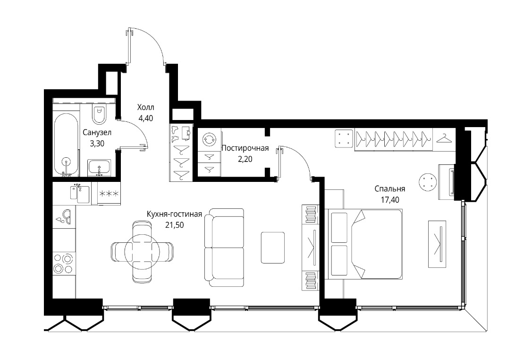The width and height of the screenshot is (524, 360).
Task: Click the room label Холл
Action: (x=146, y=107)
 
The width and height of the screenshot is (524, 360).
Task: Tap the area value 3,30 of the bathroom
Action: (x=97, y=144)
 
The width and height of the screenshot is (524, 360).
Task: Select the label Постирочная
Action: (x=245, y=148)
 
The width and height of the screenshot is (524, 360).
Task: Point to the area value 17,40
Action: (x=389, y=200)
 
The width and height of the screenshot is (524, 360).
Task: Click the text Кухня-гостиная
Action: (x=174, y=214)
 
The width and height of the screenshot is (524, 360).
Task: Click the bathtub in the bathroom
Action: (x=67, y=145)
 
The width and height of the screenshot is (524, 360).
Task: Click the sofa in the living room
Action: (x=224, y=247)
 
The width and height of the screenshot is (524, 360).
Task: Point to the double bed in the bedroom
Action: (x=365, y=244)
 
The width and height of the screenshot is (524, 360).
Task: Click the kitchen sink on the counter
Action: (x=80, y=193)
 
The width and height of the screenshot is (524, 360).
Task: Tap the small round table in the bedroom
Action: (x=428, y=182)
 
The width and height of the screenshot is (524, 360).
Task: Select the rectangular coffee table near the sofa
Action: (x=273, y=247)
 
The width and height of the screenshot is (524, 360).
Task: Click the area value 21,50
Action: (x=174, y=225)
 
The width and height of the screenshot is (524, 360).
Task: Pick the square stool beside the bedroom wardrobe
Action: (x=344, y=138)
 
